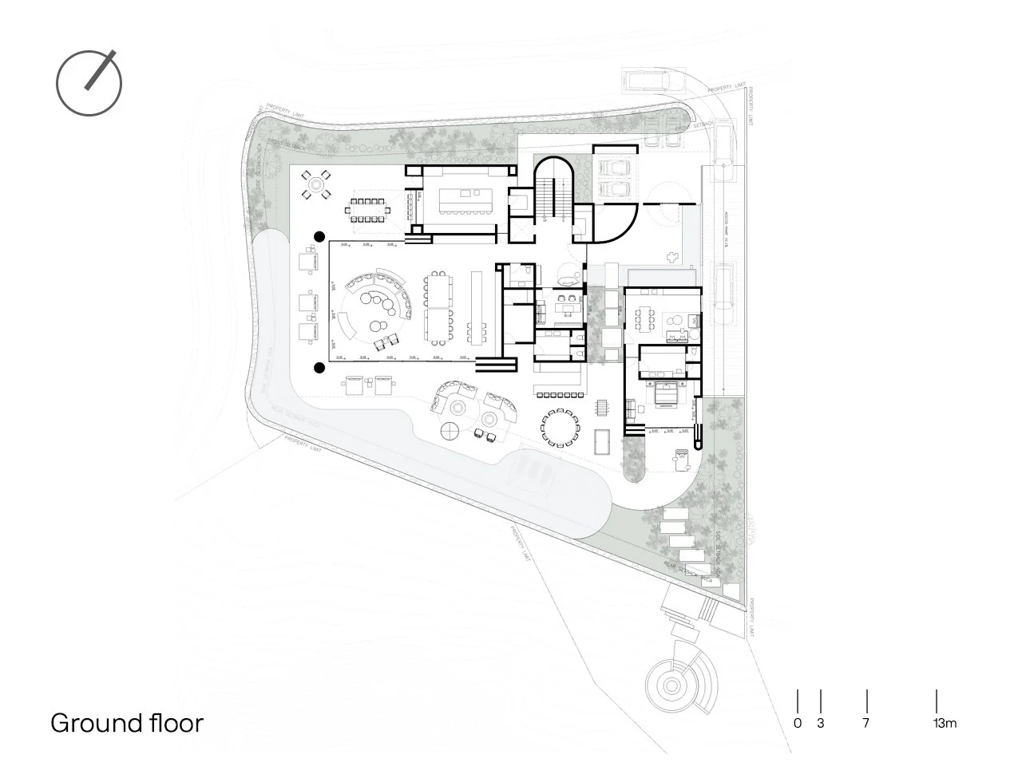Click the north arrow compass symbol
(89, 82)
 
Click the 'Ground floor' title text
(127, 723)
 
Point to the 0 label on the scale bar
(798, 724)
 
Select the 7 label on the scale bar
(866, 724)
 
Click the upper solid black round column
(319, 236)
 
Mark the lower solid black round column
(319, 368)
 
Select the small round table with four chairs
(316, 186)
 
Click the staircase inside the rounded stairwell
(550, 195)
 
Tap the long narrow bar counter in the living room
(478, 308)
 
